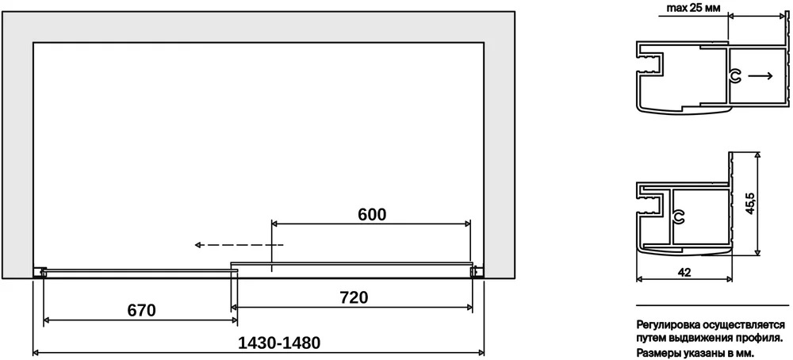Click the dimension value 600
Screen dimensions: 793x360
372,214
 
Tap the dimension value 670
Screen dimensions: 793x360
142,310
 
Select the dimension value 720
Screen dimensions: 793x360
354,297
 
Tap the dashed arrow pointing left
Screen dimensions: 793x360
239,245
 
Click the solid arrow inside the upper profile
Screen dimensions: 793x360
760,76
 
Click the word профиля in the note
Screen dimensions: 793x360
766,337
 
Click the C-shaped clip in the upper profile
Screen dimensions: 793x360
736,76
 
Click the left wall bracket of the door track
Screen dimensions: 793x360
40,273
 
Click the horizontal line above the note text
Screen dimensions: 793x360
712,305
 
